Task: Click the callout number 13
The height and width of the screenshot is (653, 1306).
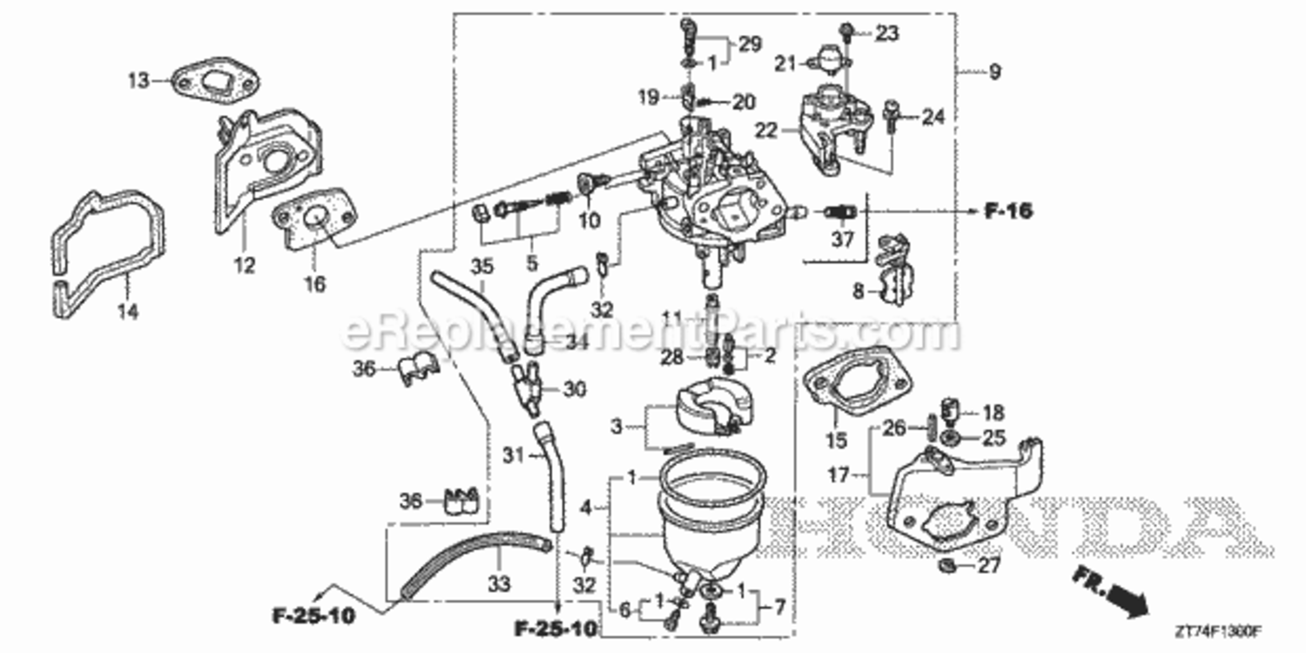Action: click(x=138, y=81)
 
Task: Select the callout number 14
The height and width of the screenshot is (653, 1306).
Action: click(x=128, y=311)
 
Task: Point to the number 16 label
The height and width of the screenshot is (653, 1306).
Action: click(x=314, y=284)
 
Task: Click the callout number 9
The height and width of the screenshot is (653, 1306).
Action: click(x=993, y=71)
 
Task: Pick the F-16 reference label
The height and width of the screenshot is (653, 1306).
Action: click(x=1009, y=211)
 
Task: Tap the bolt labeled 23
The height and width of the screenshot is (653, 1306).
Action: click(x=845, y=33)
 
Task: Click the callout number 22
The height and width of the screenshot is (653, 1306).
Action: click(x=766, y=131)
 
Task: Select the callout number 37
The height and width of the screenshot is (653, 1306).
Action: click(x=842, y=240)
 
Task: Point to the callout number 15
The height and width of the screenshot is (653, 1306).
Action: click(x=836, y=441)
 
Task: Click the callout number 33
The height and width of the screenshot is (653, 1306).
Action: click(x=498, y=584)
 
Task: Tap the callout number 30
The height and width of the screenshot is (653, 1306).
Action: click(x=575, y=389)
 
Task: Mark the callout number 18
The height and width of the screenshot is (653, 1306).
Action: click(x=993, y=412)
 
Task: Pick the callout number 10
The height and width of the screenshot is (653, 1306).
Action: click(x=589, y=220)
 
